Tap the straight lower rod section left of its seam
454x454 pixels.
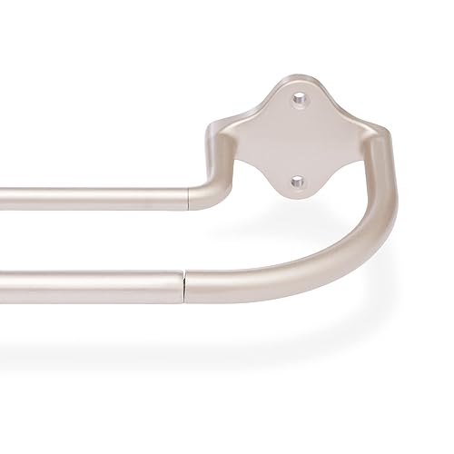click(x=91, y=285)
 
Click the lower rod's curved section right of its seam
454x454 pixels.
click(x=272, y=269)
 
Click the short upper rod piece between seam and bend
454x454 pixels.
click(x=200, y=196)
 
